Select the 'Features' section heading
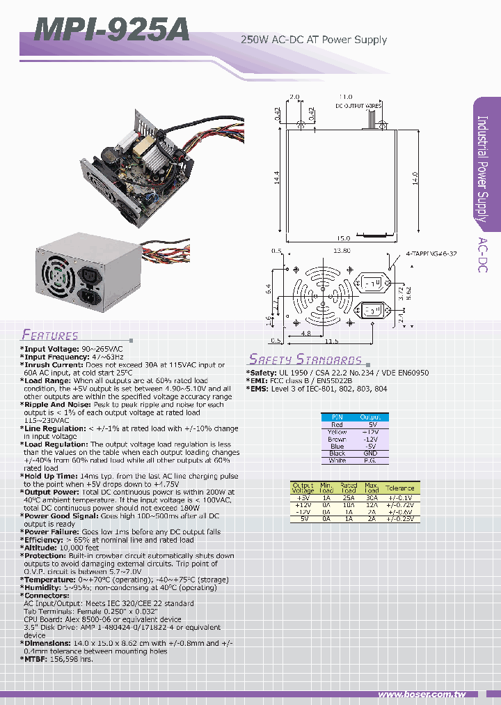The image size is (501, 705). [49, 334]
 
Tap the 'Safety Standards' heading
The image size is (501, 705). [305, 359]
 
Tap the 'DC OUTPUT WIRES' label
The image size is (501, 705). [358, 106]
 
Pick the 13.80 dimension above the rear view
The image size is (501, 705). [342, 249]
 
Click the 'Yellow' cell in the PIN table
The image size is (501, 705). [337, 432]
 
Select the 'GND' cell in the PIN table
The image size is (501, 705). [371, 454]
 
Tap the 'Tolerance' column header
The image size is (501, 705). [400, 488]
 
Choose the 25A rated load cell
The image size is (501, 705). [349, 498]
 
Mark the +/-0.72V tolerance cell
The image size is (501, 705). [400, 505]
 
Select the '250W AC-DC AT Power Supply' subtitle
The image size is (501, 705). [313, 40]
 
